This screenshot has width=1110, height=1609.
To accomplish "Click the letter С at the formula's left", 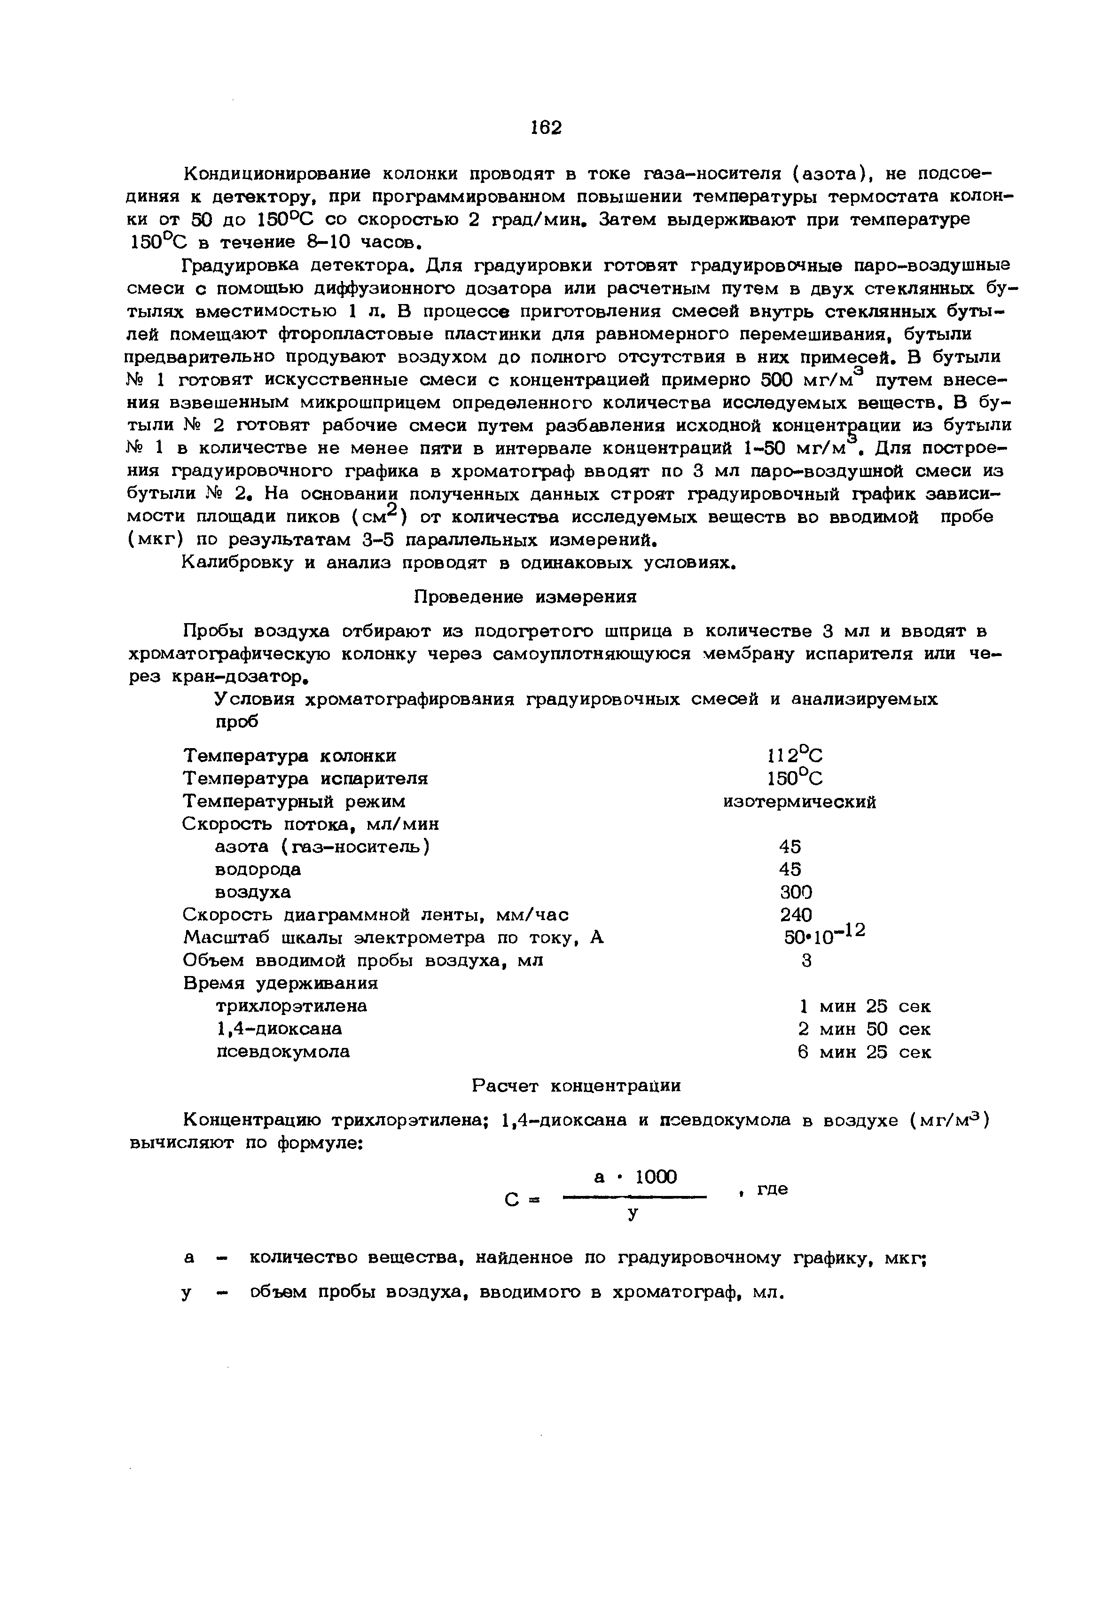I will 512,1201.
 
